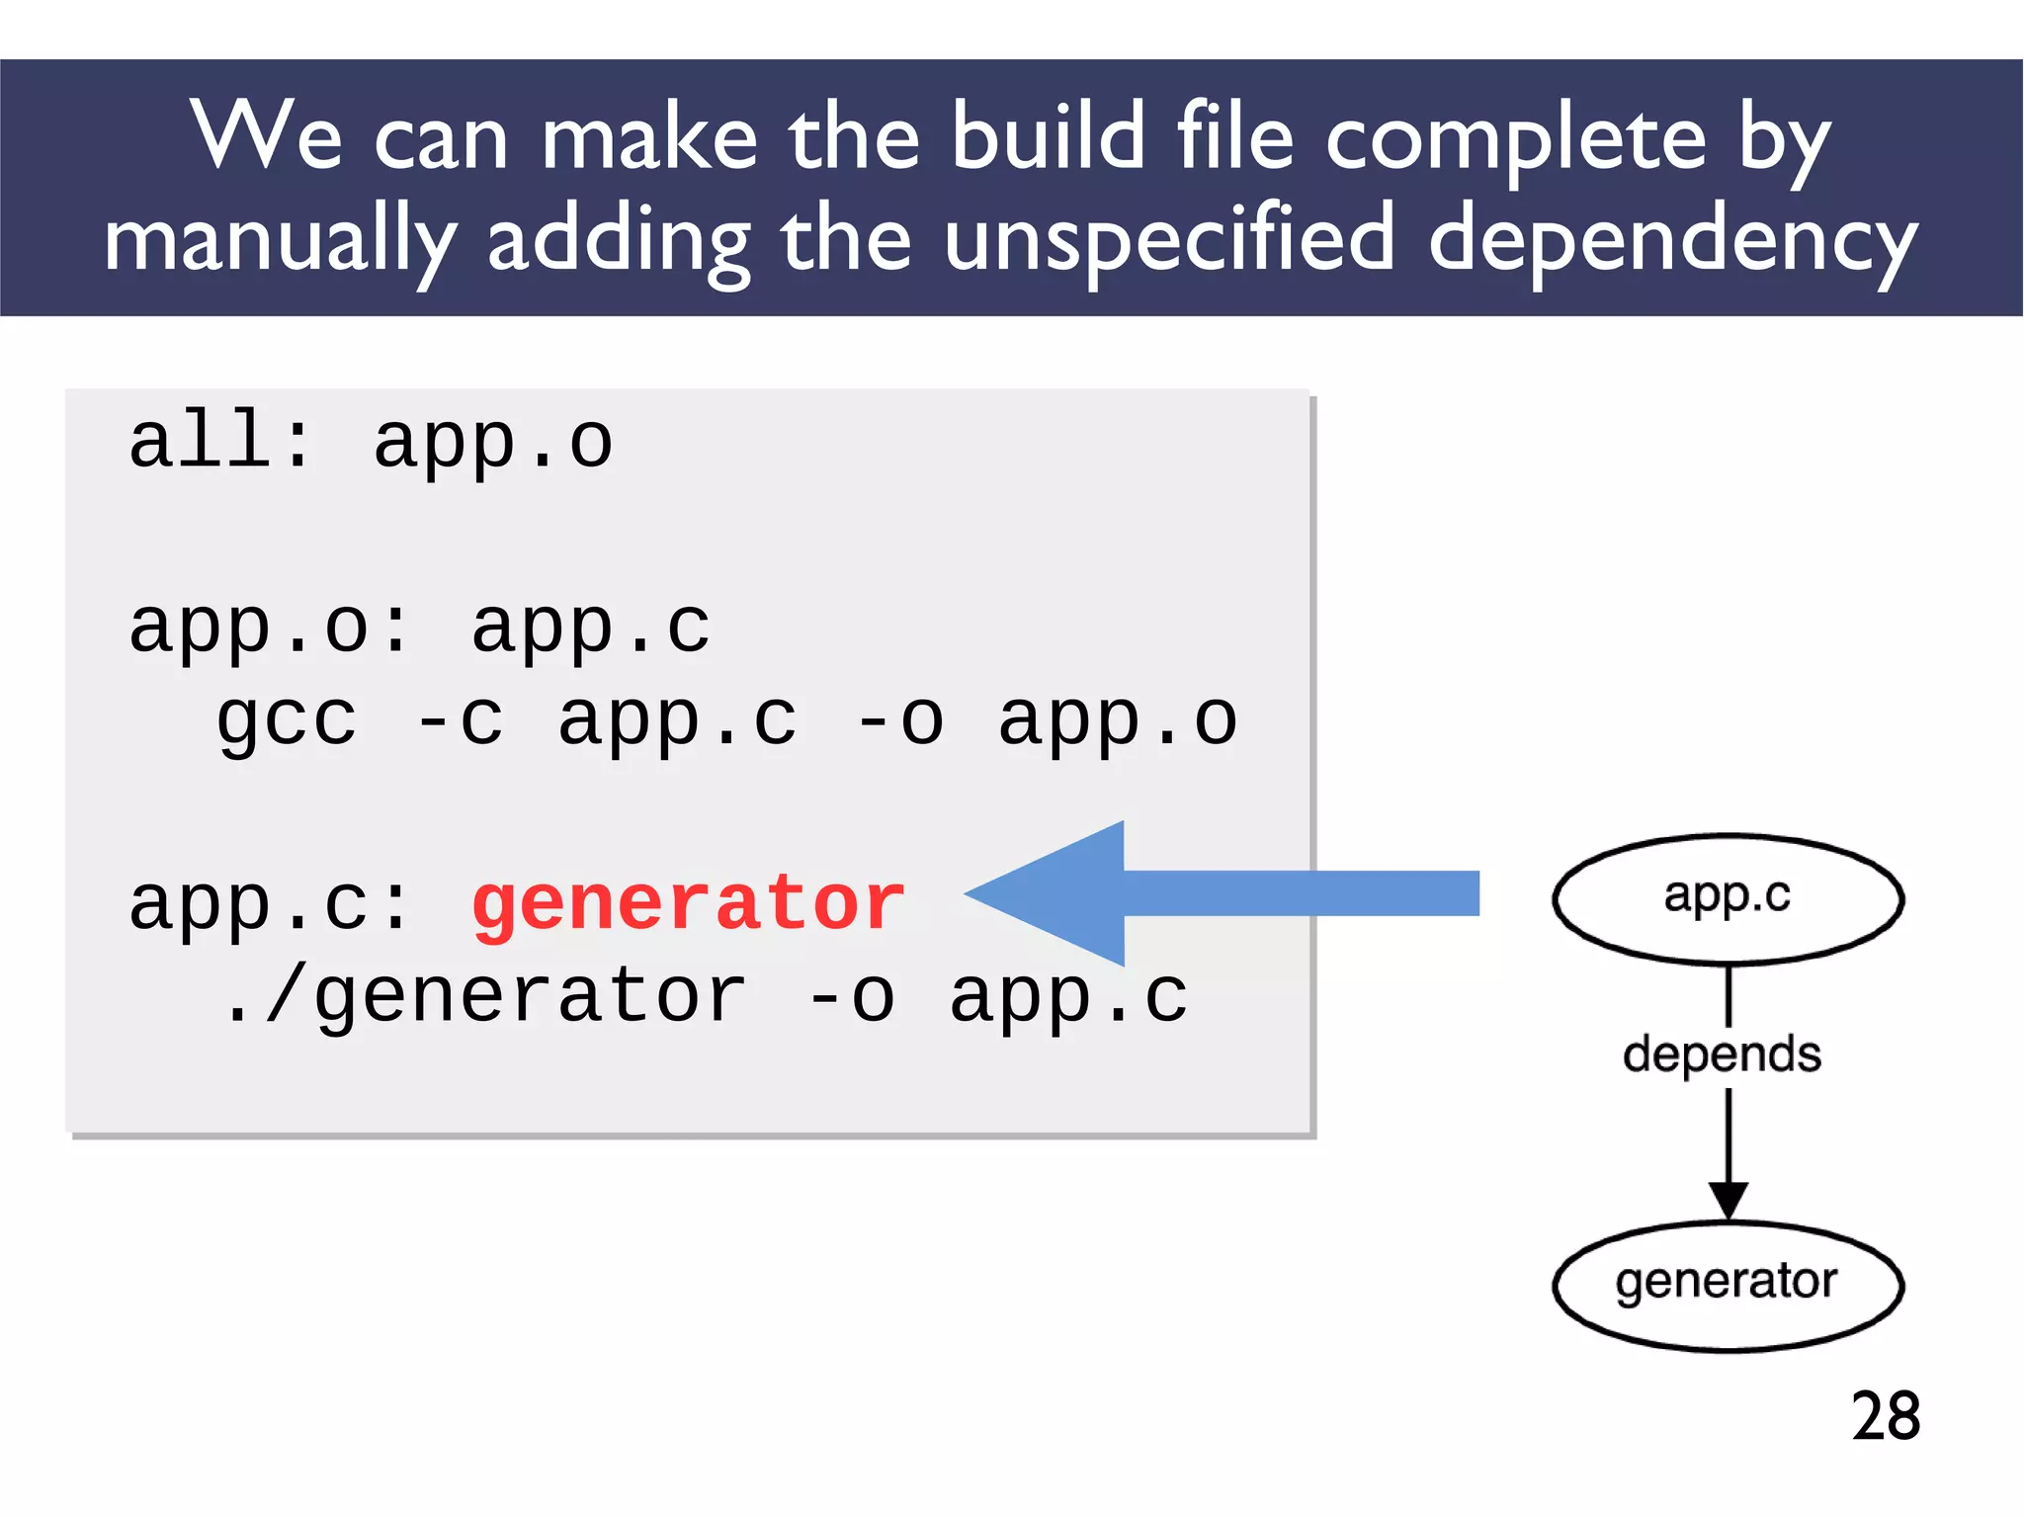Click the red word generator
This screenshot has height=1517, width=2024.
(x=688, y=904)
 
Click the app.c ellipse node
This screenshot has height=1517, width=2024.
(x=1727, y=898)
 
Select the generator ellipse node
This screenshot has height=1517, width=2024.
(x=1727, y=1284)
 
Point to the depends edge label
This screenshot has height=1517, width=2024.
(x=1722, y=1054)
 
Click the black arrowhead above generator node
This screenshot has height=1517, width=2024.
(x=1728, y=1201)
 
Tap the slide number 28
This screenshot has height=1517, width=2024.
(x=1885, y=1416)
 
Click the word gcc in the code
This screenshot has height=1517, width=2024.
(x=286, y=721)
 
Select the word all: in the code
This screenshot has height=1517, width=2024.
(x=219, y=442)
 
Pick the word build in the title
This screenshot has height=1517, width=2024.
(x=1048, y=138)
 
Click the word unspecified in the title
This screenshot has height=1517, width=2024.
(x=1168, y=240)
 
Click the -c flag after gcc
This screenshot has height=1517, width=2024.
(x=459, y=719)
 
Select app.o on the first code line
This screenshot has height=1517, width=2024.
(x=492, y=442)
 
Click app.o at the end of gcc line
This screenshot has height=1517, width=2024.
(x=1117, y=720)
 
